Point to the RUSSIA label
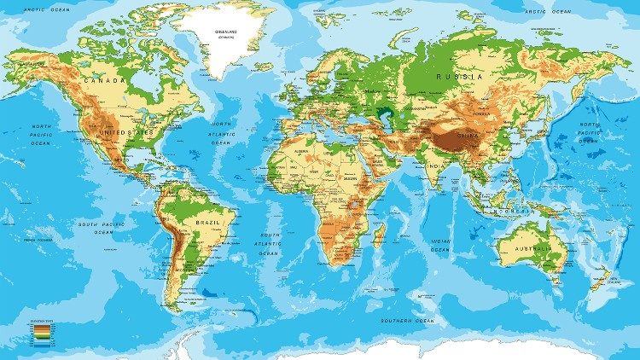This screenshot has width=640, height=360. [x=453, y=76]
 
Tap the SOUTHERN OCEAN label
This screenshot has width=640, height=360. [x=409, y=320]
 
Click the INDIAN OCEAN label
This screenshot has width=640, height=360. [x=440, y=244]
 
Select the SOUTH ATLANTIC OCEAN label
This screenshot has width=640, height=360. [x=271, y=244]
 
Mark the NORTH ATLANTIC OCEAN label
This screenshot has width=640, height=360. [x=222, y=133]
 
